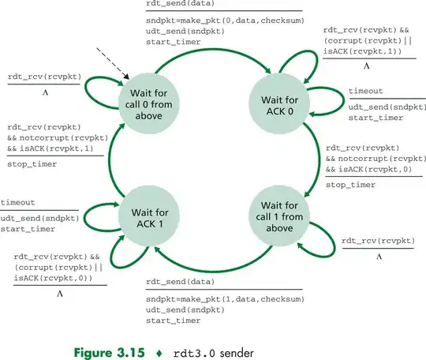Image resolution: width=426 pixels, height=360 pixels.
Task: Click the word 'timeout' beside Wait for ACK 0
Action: [x=366, y=92]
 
